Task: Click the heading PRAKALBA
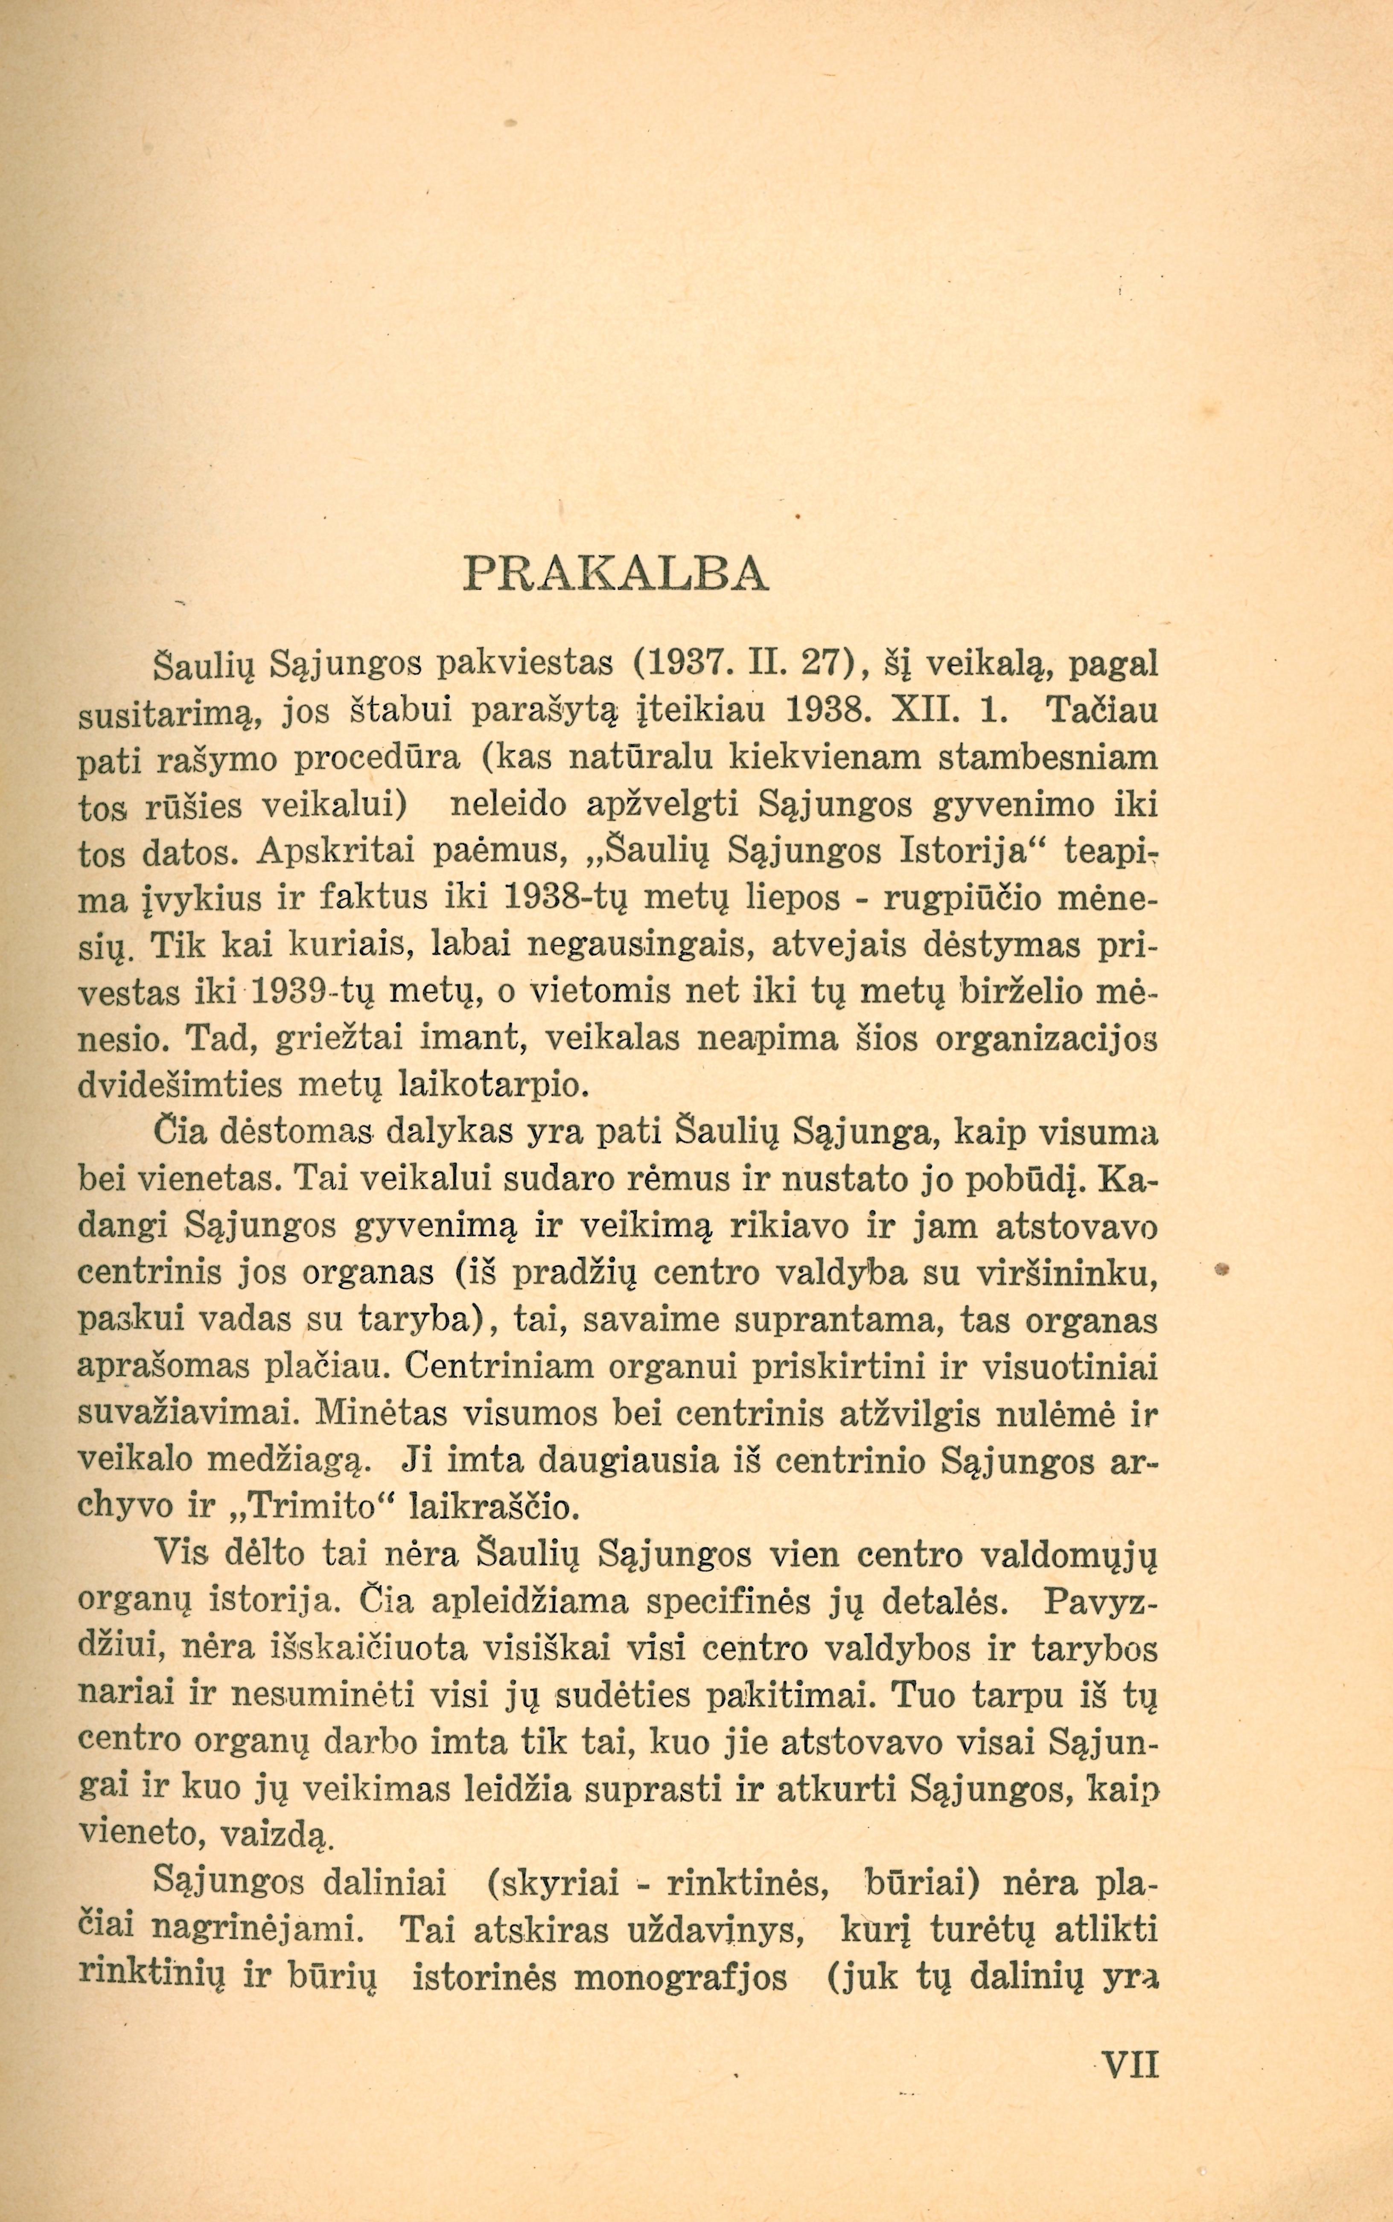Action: click(x=615, y=575)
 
